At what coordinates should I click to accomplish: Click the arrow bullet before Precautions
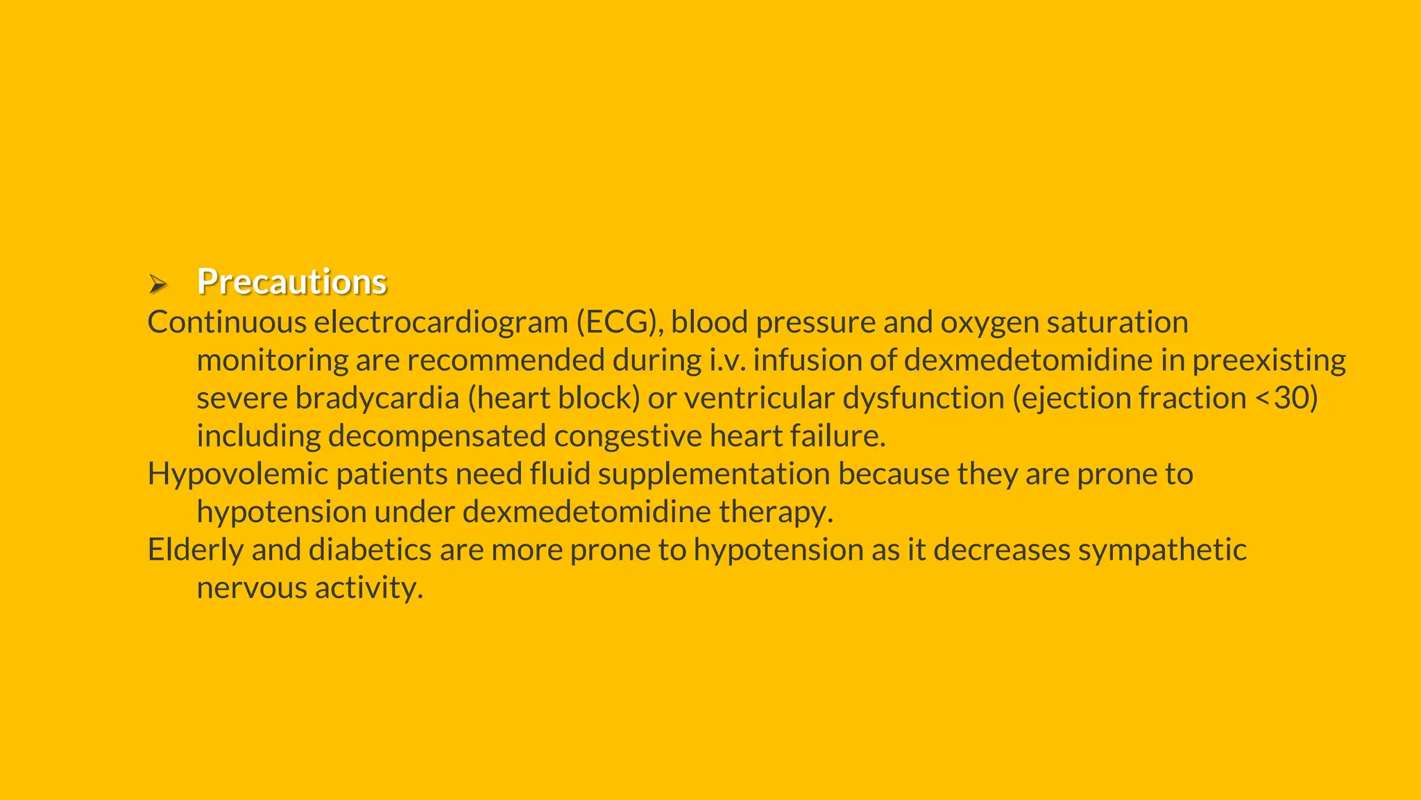point(158,283)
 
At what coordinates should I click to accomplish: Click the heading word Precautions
point(291,282)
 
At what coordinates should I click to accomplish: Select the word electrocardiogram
point(441,322)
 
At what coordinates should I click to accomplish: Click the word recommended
point(505,360)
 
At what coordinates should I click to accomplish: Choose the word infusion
point(806,360)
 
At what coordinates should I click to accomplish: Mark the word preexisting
point(1269,360)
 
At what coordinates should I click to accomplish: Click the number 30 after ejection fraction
point(1292,399)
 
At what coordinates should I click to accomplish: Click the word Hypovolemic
point(238,475)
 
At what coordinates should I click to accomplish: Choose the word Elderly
point(196,550)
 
